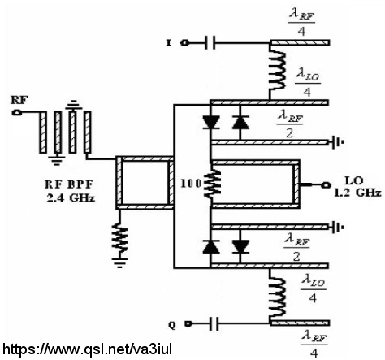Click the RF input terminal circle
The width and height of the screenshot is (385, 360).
point(17,112)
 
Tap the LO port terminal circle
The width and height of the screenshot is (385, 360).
point(326,185)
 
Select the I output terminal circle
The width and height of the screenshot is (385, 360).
point(185,42)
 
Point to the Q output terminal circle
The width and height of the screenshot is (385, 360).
point(188,323)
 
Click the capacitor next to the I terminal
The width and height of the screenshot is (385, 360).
point(210,42)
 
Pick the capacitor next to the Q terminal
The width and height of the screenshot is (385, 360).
point(214,323)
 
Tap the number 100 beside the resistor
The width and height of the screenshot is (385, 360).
point(191,184)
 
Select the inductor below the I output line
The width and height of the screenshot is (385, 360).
point(276,72)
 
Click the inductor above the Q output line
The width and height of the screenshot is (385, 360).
point(276,296)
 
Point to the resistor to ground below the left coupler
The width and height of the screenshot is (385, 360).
point(119,238)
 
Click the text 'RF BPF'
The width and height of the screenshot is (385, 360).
point(69,184)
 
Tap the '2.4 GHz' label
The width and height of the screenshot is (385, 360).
point(71,198)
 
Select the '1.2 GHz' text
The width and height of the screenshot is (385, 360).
point(357,193)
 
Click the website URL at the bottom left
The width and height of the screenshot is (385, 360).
point(88,349)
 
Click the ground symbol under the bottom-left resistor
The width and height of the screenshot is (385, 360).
point(119,262)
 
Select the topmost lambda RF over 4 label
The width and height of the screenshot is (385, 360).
point(301,23)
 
